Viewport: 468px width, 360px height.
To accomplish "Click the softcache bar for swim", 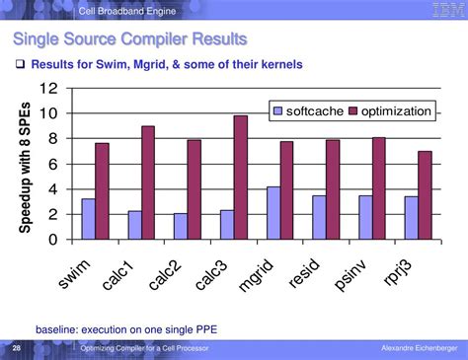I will tap(88, 219).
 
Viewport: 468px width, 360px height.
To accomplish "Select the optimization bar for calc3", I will tap(240, 178).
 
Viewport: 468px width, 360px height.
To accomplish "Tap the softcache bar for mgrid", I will tap(273, 213).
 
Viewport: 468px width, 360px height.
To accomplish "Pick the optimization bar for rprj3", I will tap(426, 195).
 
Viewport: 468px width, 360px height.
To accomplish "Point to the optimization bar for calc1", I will tap(147, 182).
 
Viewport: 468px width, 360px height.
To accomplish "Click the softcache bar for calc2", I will tap(180, 226).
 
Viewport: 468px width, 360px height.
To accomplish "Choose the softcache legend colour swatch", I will tap(278, 111).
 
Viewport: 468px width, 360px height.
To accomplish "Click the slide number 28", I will tap(16, 349).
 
